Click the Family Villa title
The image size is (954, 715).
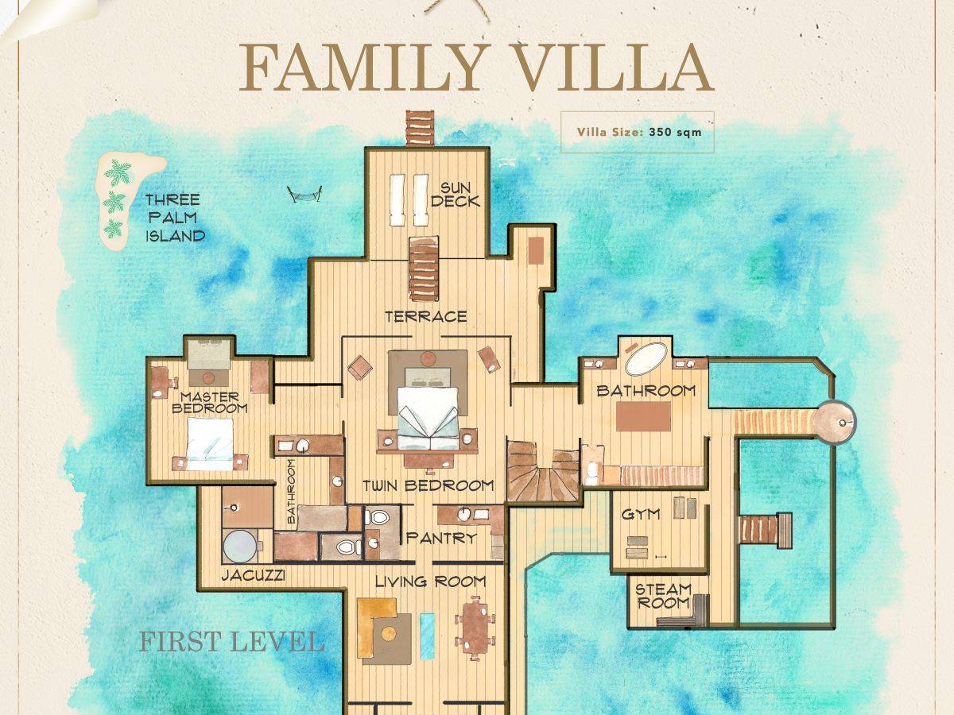[x=475, y=68]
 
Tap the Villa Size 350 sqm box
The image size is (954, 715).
[x=638, y=132]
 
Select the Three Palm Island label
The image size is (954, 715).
[x=173, y=218]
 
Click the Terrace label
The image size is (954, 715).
[x=425, y=317]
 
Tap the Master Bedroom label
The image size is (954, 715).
[x=210, y=402]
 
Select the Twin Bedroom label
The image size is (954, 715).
[x=429, y=485]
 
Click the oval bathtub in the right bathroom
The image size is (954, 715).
[x=646, y=358]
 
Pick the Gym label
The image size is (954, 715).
[x=641, y=515]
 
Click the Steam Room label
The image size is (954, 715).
[x=663, y=596]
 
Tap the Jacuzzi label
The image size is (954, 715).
[x=253, y=574]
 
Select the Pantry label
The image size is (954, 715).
[x=441, y=538]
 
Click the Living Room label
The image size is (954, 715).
[x=430, y=582]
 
